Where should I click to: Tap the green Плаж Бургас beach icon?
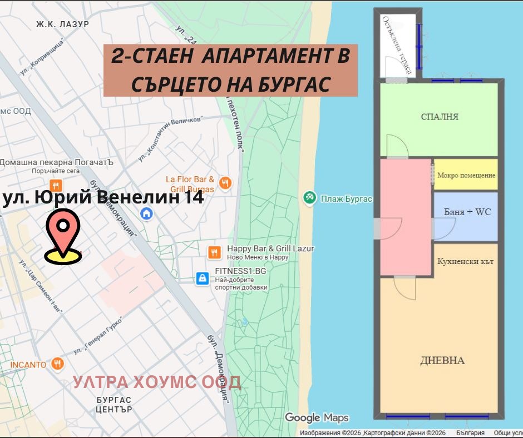point(310,198)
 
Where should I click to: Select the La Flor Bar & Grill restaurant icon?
point(225,183)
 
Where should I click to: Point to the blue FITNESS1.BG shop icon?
point(203,278)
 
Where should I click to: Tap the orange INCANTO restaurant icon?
point(57,364)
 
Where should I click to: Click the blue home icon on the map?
point(147,213)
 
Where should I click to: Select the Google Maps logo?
point(317,417)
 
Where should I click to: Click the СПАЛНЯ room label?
point(440,117)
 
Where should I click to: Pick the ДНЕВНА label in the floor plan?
point(442,360)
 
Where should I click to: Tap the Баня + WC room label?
point(467,212)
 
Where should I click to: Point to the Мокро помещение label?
point(466,175)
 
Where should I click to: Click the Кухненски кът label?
point(466,261)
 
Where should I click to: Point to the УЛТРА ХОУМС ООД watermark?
point(157,382)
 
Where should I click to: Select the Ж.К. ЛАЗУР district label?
point(62,24)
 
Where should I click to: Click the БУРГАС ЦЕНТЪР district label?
point(114,405)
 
